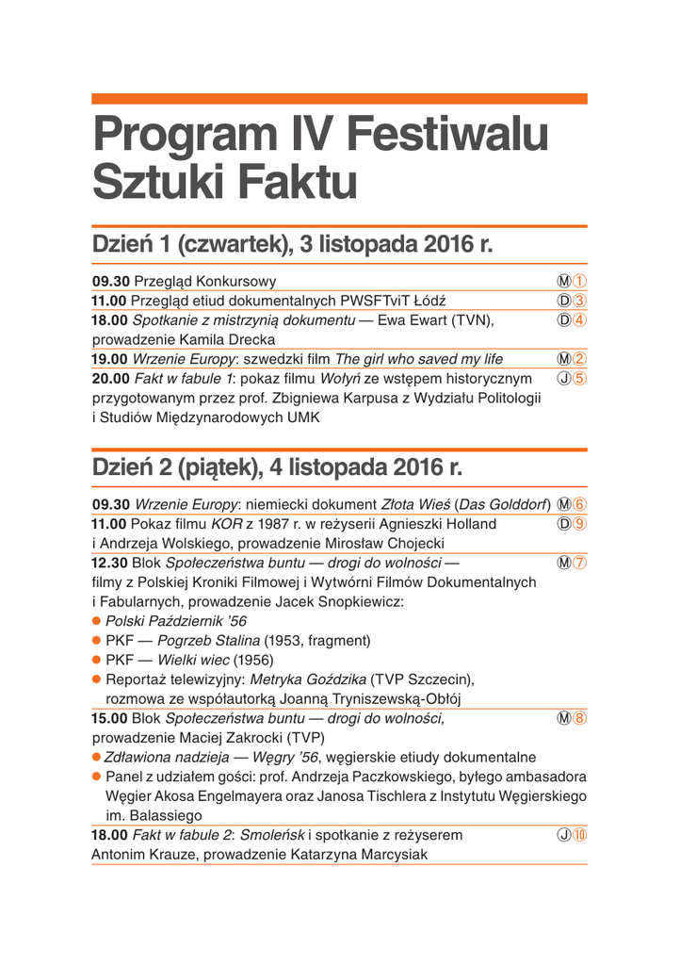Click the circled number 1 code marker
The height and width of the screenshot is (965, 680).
tap(580, 281)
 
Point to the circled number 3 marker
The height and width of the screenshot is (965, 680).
tap(580, 301)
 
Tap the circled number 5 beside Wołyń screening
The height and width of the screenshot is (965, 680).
tap(580, 378)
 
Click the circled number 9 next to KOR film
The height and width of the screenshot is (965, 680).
tap(580, 523)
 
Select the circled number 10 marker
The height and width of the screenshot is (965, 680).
tap(580, 835)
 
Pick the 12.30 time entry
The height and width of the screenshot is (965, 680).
tap(109, 563)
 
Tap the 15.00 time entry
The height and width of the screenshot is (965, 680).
tap(109, 718)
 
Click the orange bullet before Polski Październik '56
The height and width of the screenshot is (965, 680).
tap(96, 621)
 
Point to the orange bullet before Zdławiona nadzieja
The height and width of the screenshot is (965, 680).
tap(96, 757)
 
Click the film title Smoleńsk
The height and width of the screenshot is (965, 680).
tap(273, 835)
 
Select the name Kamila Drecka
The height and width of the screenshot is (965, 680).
tap(223, 339)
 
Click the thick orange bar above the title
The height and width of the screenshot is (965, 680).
tap(339, 99)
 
